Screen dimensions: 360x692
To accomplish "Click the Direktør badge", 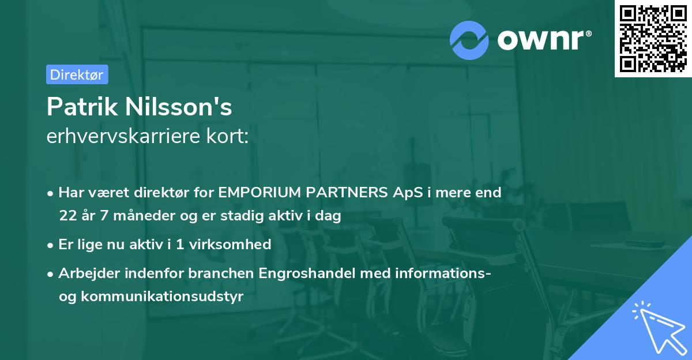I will [x=77, y=74].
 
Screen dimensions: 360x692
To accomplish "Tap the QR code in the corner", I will [x=653, y=38].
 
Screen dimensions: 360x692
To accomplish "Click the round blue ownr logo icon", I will [x=469, y=40].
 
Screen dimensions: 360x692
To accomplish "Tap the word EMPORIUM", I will [x=255, y=193].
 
